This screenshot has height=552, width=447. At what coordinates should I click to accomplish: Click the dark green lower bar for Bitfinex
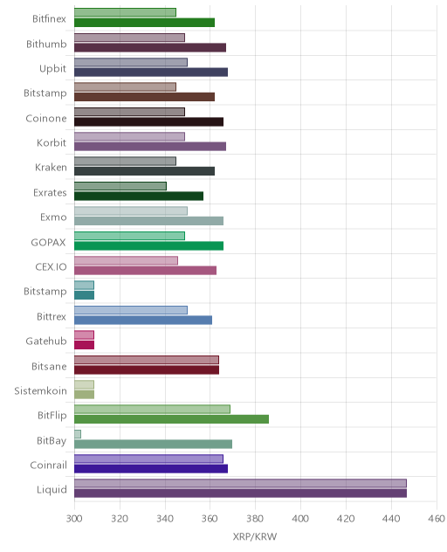coord(144,23)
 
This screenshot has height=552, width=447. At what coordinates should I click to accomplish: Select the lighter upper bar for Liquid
coord(240,483)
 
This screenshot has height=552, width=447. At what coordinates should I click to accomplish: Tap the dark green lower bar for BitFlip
coord(171,419)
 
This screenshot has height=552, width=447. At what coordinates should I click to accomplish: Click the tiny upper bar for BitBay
coord(78,434)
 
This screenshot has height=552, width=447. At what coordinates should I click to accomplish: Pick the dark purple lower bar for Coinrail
coord(151,468)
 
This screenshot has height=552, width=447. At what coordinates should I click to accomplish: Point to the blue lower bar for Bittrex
coord(143,320)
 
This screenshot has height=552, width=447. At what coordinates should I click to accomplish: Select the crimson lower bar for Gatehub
coord(84,345)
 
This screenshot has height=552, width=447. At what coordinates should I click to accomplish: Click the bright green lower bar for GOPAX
coord(149,245)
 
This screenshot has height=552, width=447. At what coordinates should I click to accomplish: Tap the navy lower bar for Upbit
coord(151,72)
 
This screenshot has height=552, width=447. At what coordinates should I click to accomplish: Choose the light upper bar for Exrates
coord(120,186)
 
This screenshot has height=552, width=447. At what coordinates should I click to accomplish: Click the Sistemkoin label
coord(40,390)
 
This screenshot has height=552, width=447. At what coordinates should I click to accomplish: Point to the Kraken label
coord(51,167)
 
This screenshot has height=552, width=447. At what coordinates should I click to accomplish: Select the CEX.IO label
coord(51,267)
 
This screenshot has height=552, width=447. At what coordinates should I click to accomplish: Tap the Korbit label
coord(52,142)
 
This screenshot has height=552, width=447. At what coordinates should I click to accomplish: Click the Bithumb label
coord(46,44)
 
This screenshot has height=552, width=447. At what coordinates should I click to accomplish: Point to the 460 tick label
coord(437,519)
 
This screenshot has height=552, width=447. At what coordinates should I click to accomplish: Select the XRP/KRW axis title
coord(255,537)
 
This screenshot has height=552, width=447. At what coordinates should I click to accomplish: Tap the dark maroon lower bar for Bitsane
coord(147,369)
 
